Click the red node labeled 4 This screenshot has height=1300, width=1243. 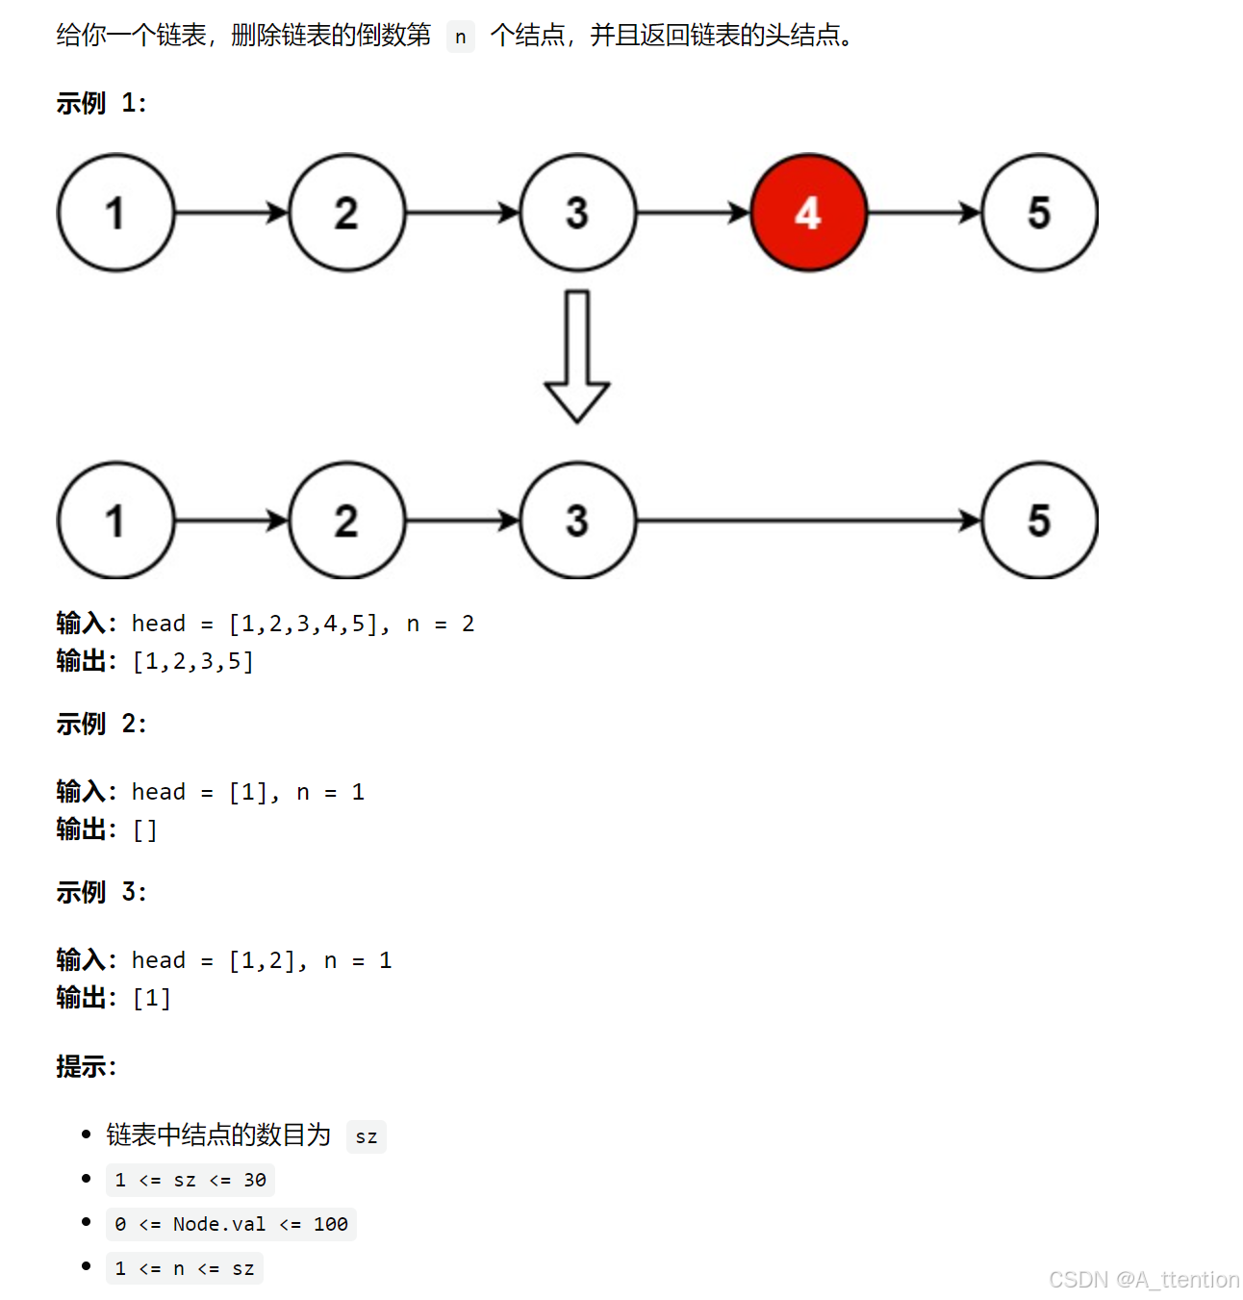point(808,213)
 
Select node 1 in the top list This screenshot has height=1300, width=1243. point(115,213)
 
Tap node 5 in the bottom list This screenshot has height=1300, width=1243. point(1039,521)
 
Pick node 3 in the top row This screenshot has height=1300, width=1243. point(577,213)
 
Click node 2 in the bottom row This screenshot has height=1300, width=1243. point(346,521)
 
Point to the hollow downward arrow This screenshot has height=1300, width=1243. point(577,357)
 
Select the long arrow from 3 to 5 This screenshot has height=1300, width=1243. point(808,521)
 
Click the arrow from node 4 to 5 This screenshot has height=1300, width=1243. point(924,213)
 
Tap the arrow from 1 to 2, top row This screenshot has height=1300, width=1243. point(231,213)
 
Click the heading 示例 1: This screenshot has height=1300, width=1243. point(101,103)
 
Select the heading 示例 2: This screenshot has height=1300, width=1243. point(101,724)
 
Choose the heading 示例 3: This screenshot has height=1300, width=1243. point(101,892)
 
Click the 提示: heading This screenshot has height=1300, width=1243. point(86,1066)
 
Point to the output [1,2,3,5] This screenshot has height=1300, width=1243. point(193,662)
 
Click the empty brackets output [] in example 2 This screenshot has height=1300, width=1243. point(144,829)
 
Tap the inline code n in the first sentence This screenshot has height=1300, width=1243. point(461,37)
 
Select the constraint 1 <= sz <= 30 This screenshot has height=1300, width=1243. point(190,1180)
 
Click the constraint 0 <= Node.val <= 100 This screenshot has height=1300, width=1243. point(231,1224)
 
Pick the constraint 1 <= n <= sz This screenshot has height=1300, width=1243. point(184,1268)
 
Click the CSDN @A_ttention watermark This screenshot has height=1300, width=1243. point(1143,1280)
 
